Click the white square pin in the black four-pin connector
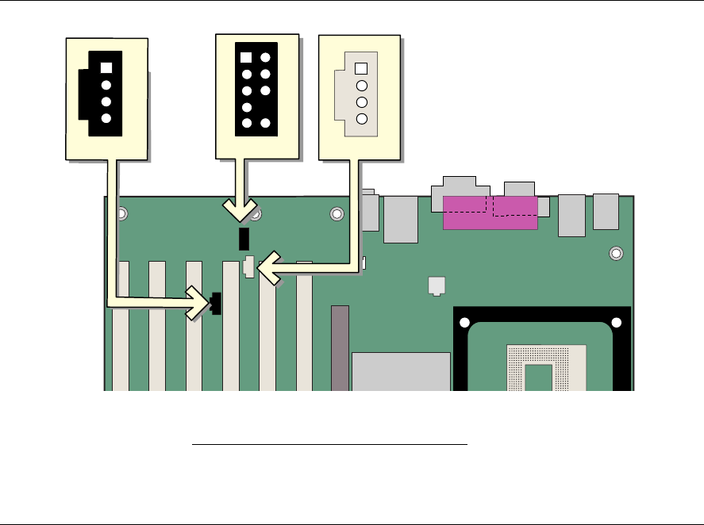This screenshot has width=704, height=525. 106,68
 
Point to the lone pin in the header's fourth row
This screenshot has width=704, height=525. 246,107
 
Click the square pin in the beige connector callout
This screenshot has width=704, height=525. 362,69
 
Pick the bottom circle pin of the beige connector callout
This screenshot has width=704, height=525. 362,119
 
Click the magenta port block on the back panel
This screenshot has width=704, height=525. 490,213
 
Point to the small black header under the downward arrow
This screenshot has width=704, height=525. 244,237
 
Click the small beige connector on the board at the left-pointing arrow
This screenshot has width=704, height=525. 249,267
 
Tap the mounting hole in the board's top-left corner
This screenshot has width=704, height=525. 122,213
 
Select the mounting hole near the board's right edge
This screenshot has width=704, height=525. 616,254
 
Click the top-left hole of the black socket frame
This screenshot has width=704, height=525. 473,323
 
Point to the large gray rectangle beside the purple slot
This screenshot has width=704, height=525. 401,371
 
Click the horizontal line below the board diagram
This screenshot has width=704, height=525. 330,446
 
